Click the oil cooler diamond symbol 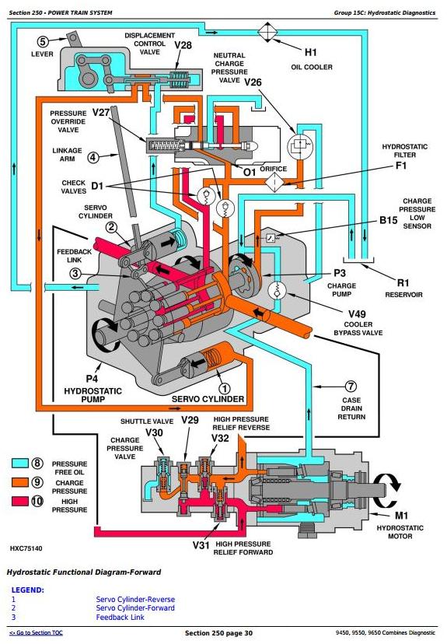point(267,32)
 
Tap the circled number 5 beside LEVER point(43,41)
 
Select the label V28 point(183,45)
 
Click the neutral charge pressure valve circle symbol point(299,145)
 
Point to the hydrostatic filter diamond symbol point(274,182)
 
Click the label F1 point(401,166)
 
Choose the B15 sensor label point(388,220)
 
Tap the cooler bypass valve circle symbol point(277,290)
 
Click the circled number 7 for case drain point(350,387)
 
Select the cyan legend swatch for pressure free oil point(19,464)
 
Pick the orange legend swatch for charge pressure point(19,481)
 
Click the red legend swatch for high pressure point(19,501)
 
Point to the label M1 point(401,516)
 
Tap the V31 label point(201,545)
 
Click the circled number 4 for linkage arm point(93,157)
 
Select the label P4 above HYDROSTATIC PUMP point(92,378)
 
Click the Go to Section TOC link point(36,632)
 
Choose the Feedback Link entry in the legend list point(120,618)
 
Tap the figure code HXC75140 point(26,548)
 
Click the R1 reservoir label point(403,282)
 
